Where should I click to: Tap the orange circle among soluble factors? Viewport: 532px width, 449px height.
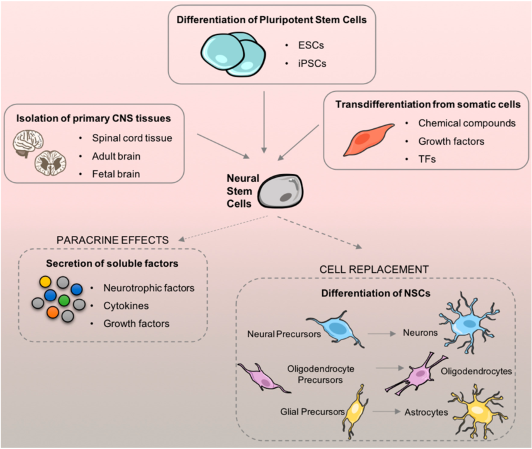click(52, 311)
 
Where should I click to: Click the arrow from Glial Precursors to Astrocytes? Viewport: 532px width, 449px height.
click(387, 413)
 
